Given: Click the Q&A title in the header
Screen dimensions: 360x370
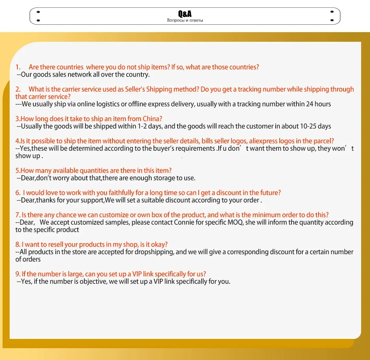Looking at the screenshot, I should (185, 14).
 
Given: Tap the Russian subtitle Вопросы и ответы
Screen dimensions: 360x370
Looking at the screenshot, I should (185, 20).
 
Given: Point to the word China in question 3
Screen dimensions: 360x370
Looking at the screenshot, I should (153, 119).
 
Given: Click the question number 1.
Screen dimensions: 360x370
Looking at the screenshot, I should (18, 67).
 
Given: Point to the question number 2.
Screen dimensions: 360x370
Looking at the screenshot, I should (18, 89).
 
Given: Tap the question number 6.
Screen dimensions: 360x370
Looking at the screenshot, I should (18, 193).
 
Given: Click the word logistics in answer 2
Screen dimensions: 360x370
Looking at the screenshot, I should (100, 104).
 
